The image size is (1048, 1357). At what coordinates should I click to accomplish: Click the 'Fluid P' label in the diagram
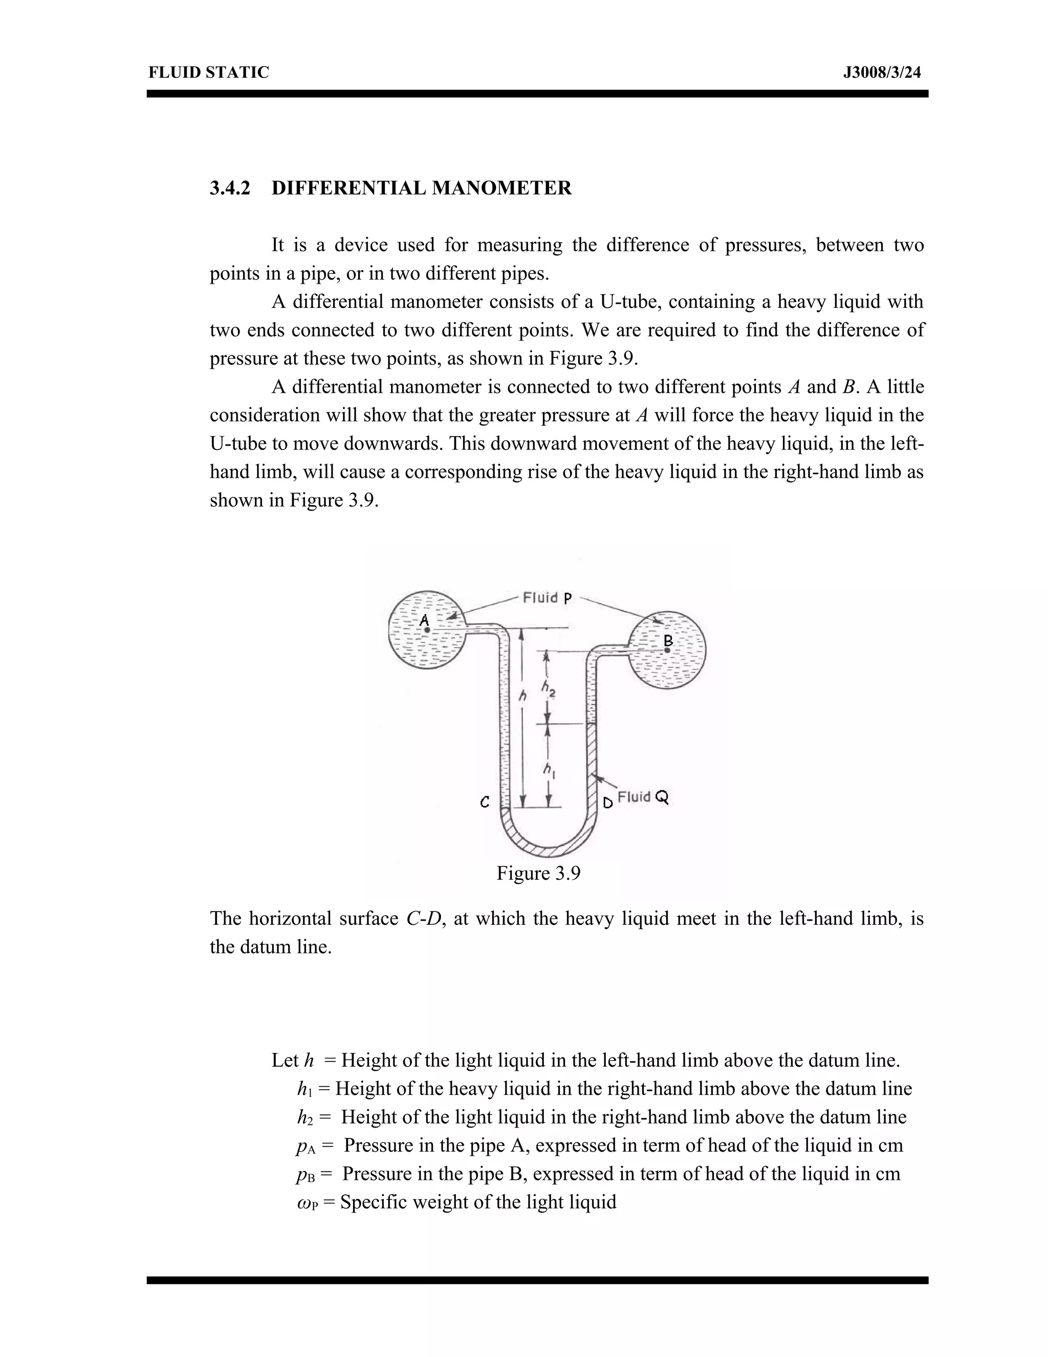point(547,598)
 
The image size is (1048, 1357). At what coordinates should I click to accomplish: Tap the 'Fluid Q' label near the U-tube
point(643,797)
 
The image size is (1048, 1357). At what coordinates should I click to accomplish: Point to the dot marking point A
point(427,630)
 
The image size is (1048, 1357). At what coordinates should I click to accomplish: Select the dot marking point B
point(667,650)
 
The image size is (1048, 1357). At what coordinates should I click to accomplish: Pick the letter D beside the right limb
point(608,803)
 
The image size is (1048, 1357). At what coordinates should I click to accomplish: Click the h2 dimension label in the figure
point(548,687)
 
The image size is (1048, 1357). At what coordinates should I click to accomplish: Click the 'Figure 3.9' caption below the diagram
point(538,874)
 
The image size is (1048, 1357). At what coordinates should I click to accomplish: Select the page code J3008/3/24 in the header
point(882,73)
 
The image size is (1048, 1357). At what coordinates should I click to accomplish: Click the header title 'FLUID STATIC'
point(209,73)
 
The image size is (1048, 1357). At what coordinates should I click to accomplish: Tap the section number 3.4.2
point(230,187)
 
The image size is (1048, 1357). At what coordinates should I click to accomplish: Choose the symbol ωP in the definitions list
point(308,1203)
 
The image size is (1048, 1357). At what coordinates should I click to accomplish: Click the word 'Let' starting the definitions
point(285,1060)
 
